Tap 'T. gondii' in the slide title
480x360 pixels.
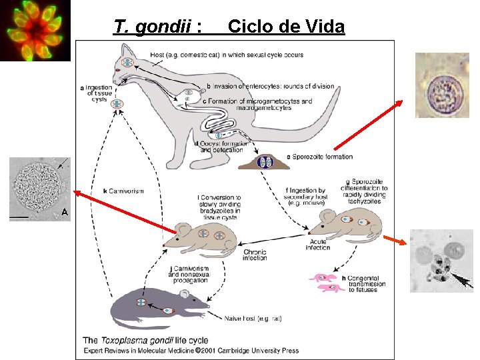154,27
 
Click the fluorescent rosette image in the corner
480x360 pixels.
35,31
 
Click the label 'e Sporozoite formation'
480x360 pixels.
319,157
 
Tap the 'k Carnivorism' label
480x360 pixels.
123,191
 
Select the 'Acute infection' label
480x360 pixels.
318,243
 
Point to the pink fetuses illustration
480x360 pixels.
326,282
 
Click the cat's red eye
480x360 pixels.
118,69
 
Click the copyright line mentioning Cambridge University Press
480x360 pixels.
191,351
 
